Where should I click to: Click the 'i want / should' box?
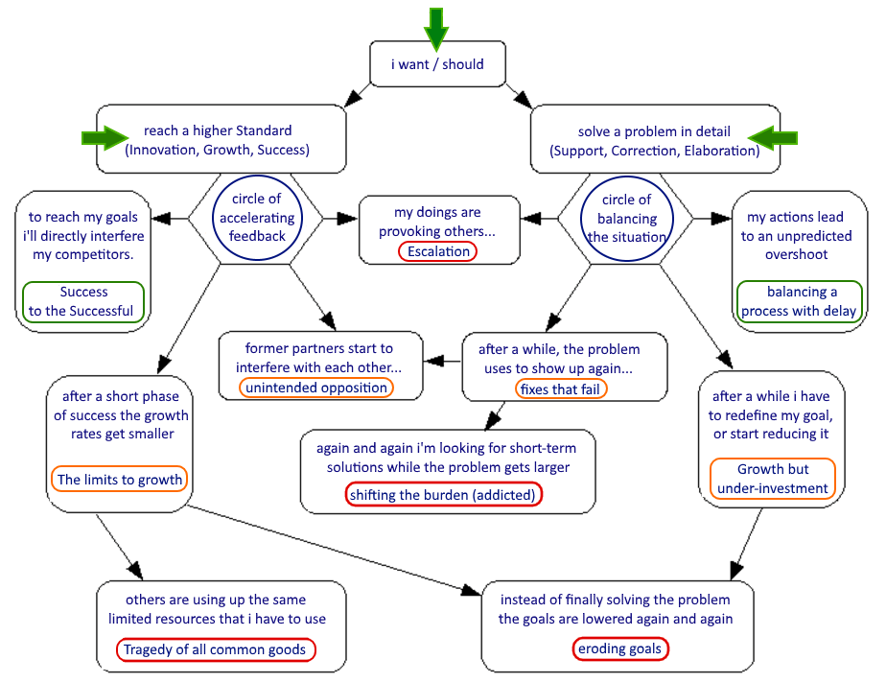(437, 64)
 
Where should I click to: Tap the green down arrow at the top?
(436, 27)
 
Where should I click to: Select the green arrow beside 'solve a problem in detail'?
(773, 138)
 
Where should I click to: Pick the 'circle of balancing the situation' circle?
(626, 219)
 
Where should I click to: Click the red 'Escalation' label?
(438, 251)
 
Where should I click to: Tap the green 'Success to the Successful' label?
(83, 301)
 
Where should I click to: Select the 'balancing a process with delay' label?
(801, 301)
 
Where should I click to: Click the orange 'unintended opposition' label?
(316, 388)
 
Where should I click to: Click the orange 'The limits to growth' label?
(119, 479)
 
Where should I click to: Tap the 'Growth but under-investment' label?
(773, 479)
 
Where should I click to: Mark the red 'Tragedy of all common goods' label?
(217, 649)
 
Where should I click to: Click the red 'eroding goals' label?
(619, 648)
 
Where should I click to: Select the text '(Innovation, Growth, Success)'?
(217, 150)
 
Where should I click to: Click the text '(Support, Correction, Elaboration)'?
(654, 151)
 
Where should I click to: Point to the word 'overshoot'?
(796, 254)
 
